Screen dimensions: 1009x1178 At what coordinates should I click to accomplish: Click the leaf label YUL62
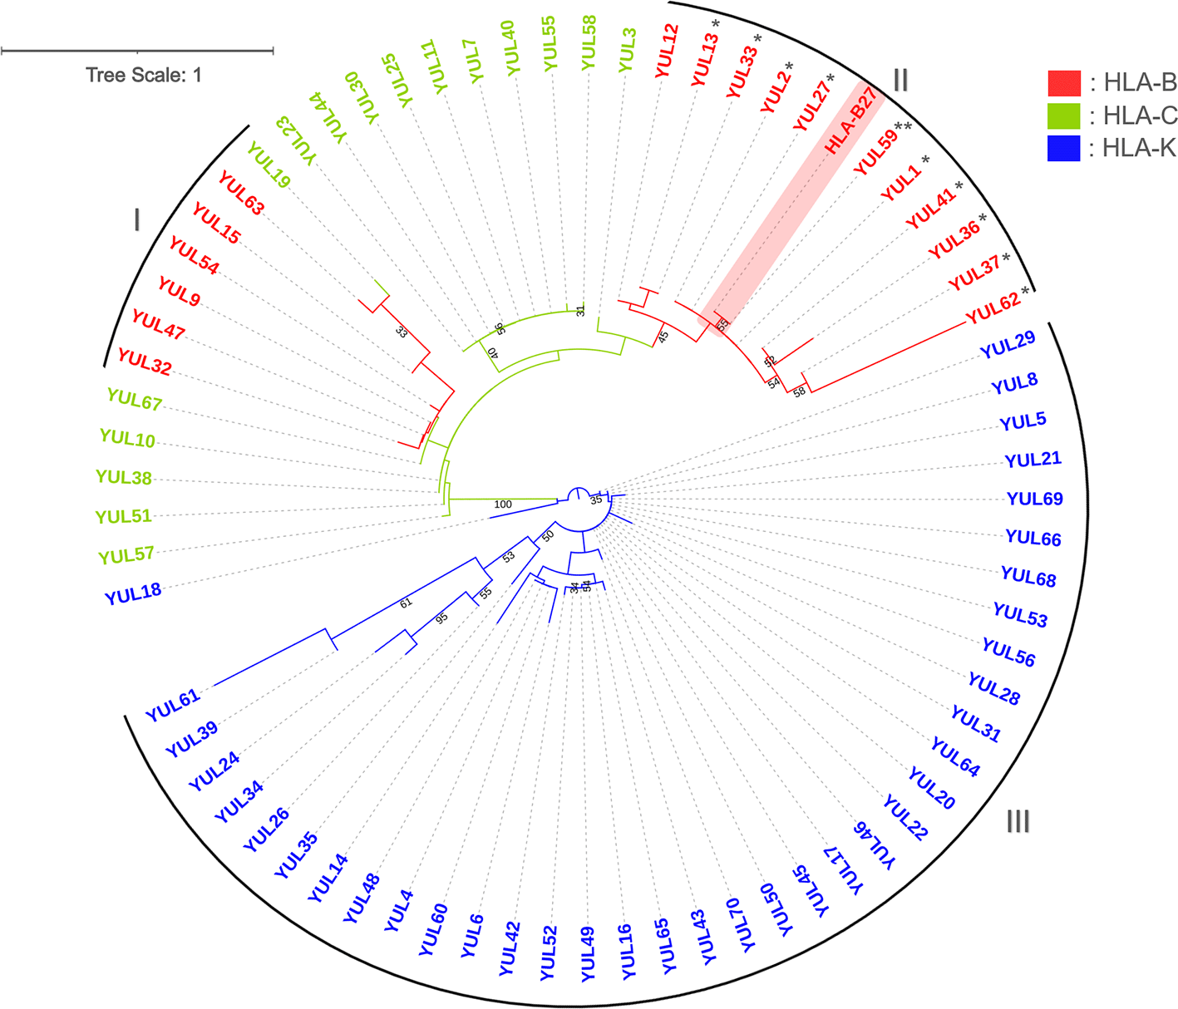[x=993, y=308]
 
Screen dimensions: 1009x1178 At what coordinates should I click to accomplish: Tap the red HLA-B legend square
[x=1063, y=82]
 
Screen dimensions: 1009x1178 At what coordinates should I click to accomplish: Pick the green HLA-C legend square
[x=1063, y=116]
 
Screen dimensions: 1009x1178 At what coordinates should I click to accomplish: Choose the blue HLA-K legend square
[x=1063, y=148]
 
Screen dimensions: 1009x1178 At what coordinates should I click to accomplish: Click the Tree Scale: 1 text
[x=144, y=75]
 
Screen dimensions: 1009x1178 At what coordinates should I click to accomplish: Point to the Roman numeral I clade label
[x=136, y=220]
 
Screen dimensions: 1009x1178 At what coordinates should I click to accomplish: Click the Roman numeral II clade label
[x=900, y=80]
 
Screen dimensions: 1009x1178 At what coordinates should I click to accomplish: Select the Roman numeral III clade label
[x=1018, y=821]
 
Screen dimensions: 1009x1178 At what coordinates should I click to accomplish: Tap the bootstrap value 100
[x=503, y=504]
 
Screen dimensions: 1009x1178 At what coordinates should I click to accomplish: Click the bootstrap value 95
[x=441, y=618]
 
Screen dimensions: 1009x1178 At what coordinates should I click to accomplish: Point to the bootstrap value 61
[x=406, y=603]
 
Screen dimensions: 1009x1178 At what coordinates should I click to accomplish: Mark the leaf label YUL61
[x=173, y=706]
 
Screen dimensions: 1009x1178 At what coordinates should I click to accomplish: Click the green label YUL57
[x=126, y=554]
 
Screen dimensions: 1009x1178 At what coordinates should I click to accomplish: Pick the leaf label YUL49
[x=588, y=954]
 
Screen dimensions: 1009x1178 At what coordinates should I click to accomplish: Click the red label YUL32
[x=144, y=362]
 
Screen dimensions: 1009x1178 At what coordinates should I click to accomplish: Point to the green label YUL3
[x=628, y=49]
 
